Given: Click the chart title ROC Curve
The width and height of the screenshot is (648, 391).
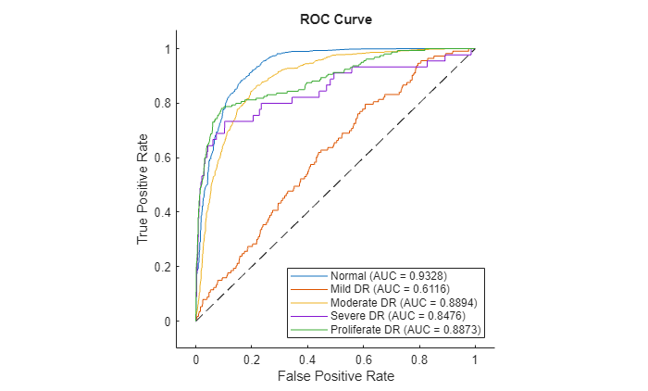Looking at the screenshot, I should pos(335,19).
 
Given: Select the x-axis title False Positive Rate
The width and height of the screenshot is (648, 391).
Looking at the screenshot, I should pos(335,378).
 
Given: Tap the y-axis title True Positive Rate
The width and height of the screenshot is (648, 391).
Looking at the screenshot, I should pos(143,184).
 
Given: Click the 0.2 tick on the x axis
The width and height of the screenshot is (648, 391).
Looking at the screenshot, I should pos(252,357).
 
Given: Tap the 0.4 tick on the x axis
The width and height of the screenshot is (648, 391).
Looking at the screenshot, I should pos(307,357).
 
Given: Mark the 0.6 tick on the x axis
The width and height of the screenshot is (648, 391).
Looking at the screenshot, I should pos(363,357).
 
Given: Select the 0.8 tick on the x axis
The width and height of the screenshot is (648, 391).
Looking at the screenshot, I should pos(419,357).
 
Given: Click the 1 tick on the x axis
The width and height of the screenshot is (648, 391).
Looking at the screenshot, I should pos(475,357).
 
